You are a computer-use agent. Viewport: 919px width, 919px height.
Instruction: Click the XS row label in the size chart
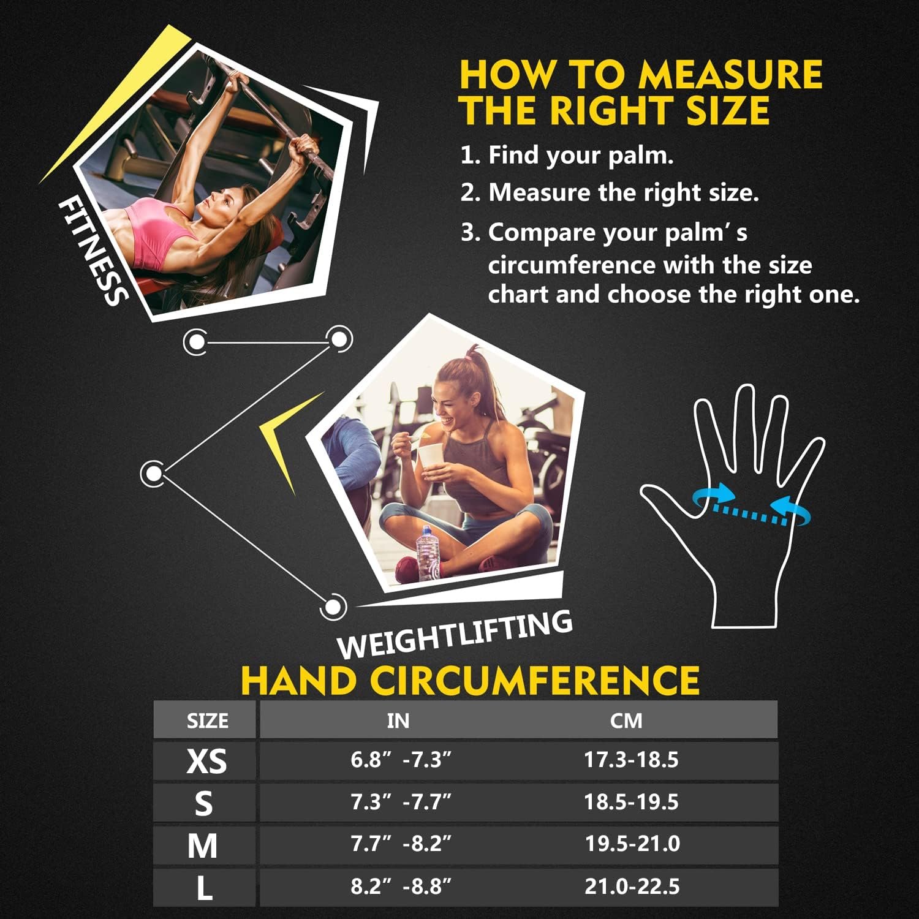click(206, 761)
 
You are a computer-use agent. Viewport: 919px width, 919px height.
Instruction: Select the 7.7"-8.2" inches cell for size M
click(401, 844)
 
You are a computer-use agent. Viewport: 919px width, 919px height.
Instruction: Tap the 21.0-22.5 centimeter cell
click(632, 886)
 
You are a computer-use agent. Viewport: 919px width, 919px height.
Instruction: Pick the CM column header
click(626, 720)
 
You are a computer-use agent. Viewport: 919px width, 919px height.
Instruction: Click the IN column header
click(398, 720)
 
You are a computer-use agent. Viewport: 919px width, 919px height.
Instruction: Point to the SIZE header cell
click(207, 720)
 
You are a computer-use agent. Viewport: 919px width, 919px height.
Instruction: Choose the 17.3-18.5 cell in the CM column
click(631, 760)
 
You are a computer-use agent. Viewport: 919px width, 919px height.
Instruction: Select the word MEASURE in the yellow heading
click(729, 75)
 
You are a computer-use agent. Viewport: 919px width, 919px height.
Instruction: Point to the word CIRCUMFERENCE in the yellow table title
click(536, 680)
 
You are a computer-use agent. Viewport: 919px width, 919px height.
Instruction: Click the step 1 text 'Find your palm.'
click(580, 155)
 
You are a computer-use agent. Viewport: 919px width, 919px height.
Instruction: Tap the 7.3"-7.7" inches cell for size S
click(401, 802)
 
